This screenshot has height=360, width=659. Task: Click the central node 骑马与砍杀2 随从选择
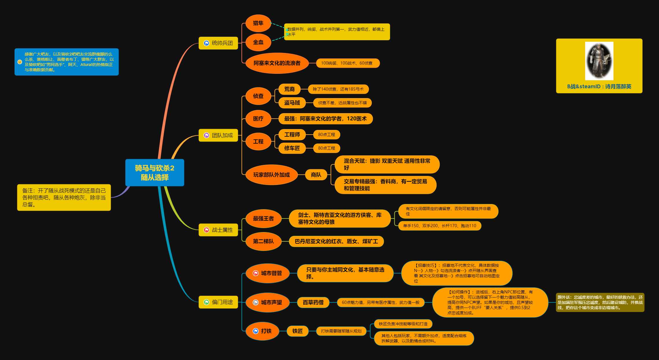tap(154, 172)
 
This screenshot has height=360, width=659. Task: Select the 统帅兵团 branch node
tap(218, 43)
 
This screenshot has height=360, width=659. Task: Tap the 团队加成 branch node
tap(218, 135)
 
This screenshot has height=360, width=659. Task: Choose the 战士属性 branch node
tap(218, 230)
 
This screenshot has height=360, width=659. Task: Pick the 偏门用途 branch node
tap(218, 302)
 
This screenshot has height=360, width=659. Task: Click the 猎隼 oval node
tap(258, 23)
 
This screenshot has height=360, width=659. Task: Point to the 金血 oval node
tap(258, 42)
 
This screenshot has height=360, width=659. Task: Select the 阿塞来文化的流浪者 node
tap(277, 63)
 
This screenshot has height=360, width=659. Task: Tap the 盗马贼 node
tap(292, 103)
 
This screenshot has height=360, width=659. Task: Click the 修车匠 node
tap(292, 148)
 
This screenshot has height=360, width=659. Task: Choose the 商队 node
tap(316, 175)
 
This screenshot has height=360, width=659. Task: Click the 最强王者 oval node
tap(263, 218)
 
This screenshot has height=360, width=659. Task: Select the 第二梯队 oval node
tap(263, 241)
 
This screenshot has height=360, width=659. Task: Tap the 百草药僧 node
tap(313, 302)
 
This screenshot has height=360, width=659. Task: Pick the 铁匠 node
tap(297, 331)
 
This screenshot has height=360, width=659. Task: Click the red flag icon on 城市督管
tap(256, 273)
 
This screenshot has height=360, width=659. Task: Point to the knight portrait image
tap(599, 61)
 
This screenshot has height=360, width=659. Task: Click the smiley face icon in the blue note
tap(20, 62)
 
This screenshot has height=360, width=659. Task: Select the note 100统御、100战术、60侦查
tap(347, 63)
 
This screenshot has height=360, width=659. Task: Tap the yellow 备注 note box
tap(64, 197)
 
